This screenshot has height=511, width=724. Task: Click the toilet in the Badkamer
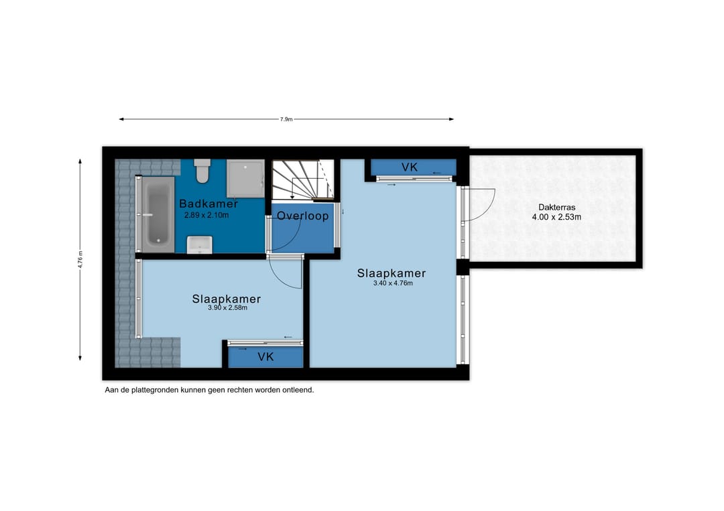point(202,171)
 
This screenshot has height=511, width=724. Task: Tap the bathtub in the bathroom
point(158,214)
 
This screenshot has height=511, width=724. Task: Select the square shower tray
point(245,178)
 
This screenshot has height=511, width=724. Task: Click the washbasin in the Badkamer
point(200,245)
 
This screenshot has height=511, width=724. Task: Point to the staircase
point(302,180)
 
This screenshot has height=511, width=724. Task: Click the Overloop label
point(303,216)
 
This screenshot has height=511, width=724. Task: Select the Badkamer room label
point(208,204)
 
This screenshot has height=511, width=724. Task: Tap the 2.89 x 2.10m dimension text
point(206,215)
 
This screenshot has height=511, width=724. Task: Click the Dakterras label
point(557,208)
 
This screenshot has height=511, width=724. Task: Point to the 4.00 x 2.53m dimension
point(556,217)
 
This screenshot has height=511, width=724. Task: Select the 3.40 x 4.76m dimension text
point(393,283)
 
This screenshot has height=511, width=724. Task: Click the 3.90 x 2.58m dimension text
point(228,307)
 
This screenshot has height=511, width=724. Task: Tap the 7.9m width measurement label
point(286,119)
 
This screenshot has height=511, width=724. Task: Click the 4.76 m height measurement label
point(80,259)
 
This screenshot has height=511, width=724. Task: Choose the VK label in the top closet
point(410,167)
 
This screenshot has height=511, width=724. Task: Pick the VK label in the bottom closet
point(265,356)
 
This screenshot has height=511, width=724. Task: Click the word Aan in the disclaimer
point(111,390)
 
